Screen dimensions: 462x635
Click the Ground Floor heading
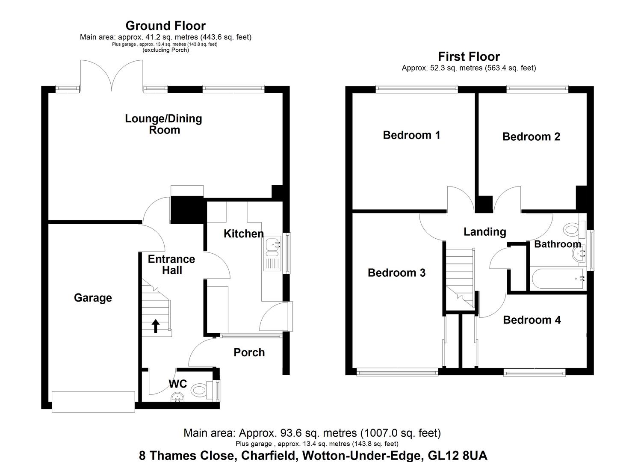pyautogui.click(x=165, y=26)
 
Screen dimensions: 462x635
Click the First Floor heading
pyautogui.click(x=469, y=56)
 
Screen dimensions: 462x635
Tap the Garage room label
pyautogui.click(x=93, y=298)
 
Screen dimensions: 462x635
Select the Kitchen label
pyautogui.click(x=243, y=234)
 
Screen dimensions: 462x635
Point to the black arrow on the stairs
pyautogui.click(x=156, y=326)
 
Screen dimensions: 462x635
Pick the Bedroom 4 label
pyautogui.click(x=532, y=320)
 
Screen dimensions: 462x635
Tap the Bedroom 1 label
pyautogui.click(x=411, y=135)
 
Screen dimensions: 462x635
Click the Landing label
pyautogui.click(x=484, y=232)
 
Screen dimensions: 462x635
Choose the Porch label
pyautogui.click(x=249, y=352)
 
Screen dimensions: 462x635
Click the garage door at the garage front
pyautogui.click(x=93, y=402)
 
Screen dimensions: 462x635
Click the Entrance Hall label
pyautogui.click(x=171, y=265)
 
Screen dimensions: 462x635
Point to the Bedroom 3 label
pyautogui.click(x=396, y=273)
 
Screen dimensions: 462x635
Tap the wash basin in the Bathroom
pyautogui.click(x=579, y=256)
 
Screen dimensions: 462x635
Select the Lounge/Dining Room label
pyautogui.click(x=164, y=124)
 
